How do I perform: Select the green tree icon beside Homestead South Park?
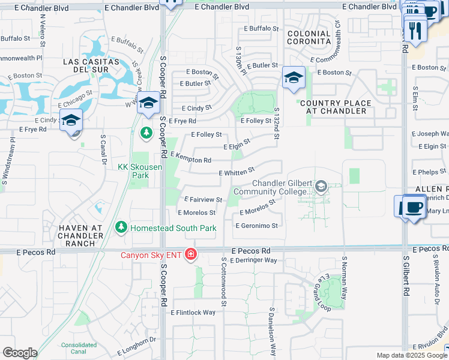(121, 228)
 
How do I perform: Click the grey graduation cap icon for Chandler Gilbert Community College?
(321, 188)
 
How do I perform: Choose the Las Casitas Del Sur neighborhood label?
(86, 66)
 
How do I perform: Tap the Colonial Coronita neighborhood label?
(309, 38)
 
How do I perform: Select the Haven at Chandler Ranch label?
(77, 235)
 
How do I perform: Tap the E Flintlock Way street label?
(193, 313)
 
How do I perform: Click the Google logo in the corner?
(20, 353)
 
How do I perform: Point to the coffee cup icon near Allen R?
(412, 208)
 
